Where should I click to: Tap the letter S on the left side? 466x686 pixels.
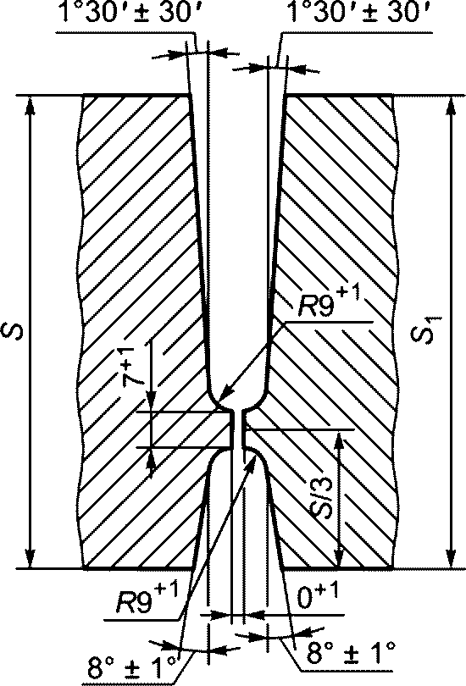(16, 331)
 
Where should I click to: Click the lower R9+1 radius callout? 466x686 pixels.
(147, 600)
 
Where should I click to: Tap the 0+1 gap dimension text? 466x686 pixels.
(318, 596)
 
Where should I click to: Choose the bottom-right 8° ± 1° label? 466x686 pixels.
(350, 653)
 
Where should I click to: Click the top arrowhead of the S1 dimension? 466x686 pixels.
(452, 106)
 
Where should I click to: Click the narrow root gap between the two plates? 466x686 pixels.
(236, 429)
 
